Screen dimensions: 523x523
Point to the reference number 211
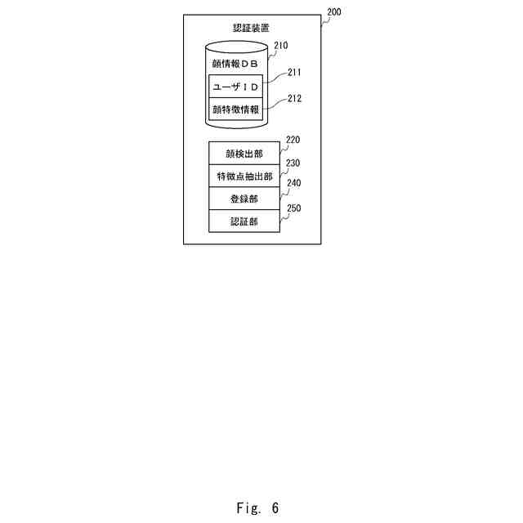293,72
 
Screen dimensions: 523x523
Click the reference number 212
293,99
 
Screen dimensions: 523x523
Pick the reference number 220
292,140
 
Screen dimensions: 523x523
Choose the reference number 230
292,163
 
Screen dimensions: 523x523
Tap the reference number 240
292,185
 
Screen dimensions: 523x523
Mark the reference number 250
292,208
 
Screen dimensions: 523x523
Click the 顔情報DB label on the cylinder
235,64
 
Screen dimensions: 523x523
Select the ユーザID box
235,86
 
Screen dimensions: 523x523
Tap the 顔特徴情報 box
235,109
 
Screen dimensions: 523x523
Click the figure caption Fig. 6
257,508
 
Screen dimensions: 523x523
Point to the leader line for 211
275,79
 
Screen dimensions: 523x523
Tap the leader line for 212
275,104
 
